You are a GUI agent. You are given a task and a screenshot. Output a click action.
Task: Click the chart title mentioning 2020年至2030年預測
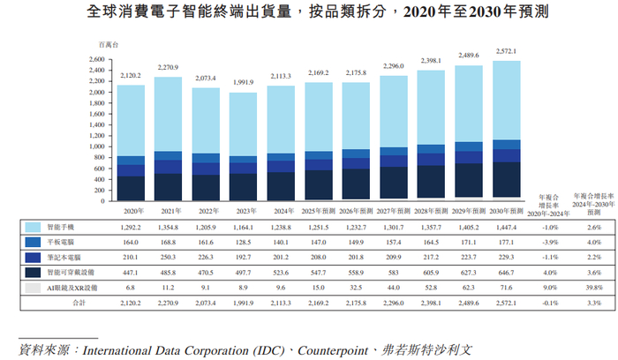308,13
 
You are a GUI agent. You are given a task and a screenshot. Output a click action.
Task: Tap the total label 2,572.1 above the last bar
505,51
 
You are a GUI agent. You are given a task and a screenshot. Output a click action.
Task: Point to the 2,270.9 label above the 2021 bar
167,67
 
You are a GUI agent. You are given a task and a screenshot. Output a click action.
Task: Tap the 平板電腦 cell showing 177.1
505,241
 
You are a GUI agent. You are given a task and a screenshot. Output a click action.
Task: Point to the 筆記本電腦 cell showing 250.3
167,256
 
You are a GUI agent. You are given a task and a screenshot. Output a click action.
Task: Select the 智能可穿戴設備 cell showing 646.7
505,273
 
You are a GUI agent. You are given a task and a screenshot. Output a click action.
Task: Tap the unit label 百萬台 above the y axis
109,43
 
